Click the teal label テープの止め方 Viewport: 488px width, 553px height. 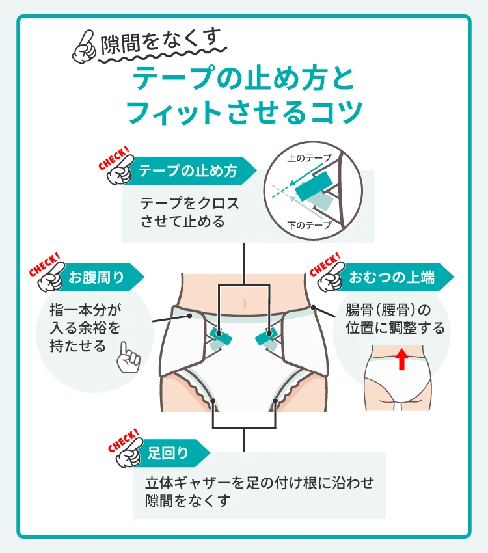click(x=189, y=172)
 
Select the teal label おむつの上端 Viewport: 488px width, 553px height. click(x=392, y=278)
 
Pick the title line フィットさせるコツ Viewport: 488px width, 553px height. click(x=243, y=112)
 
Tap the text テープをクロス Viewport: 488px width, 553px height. click(x=189, y=202)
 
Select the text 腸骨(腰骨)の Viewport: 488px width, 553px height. click(x=388, y=310)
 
